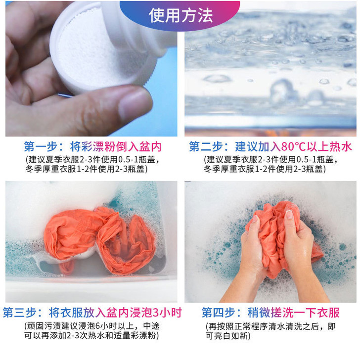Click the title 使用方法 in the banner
click(180, 15)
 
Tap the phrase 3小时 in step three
click(167, 313)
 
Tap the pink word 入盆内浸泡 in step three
click(123, 313)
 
